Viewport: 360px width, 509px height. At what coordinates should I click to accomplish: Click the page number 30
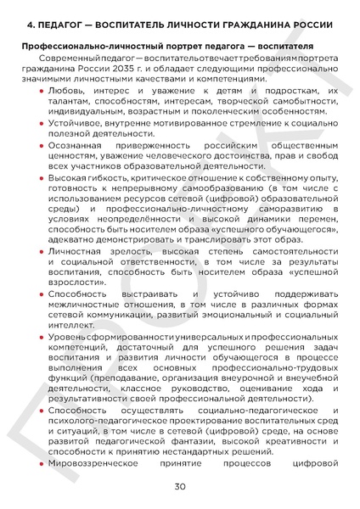(180, 486)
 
